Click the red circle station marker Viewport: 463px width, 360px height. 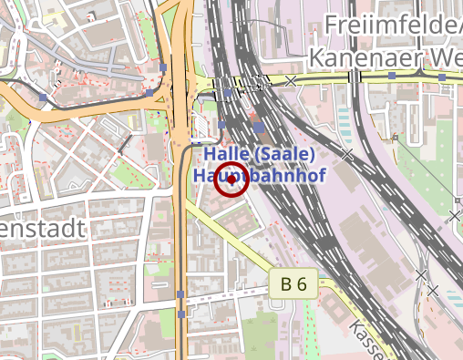click(x=232, y=180)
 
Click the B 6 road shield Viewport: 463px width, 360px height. click(x=293, y=284)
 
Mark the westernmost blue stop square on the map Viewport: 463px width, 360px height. click(x=43, y=97)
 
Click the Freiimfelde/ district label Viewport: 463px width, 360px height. click(x=392, y=25)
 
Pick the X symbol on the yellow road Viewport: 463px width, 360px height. click(x=291, y=81)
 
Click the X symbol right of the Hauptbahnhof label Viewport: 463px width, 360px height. click(x=346, y=154)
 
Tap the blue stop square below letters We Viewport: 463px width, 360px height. click(x=442, y=78)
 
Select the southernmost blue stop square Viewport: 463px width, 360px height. click(x=181, y=314)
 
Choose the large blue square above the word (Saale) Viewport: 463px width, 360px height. click(x=259, y=127)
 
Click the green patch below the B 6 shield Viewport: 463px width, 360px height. click(x=264, y=324)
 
